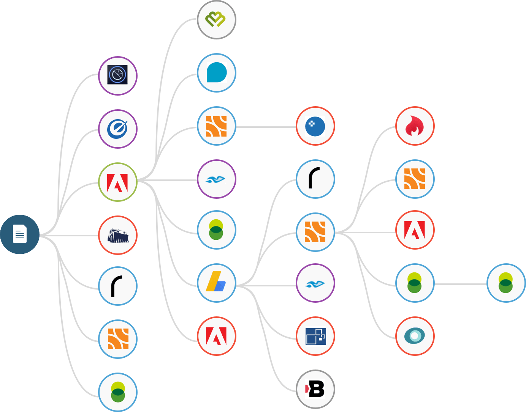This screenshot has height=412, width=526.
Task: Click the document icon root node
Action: click(x=20, y=234)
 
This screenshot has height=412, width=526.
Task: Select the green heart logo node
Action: click(x=217, y=20)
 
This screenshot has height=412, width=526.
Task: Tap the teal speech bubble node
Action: click(x=217, y=73)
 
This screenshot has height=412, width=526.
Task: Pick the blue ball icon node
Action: click(x=315, y=126)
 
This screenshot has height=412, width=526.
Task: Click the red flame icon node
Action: click(x=415, y=126)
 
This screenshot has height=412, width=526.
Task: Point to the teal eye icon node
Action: click(x=415, y=336)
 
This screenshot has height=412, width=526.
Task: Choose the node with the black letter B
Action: click(x=315, y=389)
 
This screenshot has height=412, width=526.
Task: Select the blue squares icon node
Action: click(x=315, y=336)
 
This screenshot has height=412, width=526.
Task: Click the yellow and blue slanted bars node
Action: click(x=217, y=283)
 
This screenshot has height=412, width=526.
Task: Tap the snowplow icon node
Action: click(x=118, y=235)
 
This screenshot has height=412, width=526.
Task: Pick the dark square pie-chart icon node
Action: click(x=118, y=75)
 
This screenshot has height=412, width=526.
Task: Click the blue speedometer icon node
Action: click(x=118, y=129)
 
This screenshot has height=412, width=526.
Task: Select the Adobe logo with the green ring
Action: click(x=118, y=182)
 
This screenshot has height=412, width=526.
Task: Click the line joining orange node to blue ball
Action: click(x=266, y=127)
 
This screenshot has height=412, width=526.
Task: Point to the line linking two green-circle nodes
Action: click(x=461, y=284)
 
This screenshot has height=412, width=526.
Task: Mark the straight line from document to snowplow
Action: click(x=68, y=236)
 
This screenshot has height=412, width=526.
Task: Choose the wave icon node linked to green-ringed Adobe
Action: click(x=217, y=179)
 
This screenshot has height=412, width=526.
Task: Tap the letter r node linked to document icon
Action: click(x=118, y=286)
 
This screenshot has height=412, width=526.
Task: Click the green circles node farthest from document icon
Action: click(x=506, y=283)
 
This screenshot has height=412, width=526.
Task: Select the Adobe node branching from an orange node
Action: click(x=415, y=230)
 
